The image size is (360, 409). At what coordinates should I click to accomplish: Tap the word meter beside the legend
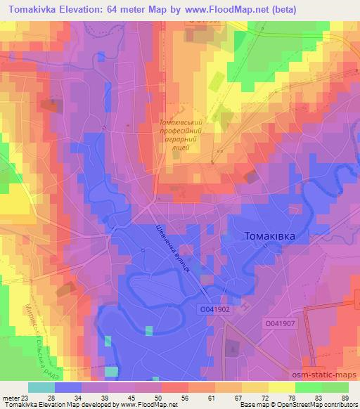coord(10,397)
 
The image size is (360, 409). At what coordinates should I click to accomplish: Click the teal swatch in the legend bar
coord(41,387)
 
